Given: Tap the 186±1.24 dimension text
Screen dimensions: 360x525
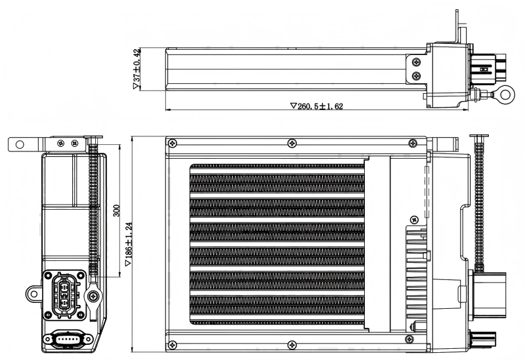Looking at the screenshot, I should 129,244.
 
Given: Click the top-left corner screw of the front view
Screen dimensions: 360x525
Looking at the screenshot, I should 173,142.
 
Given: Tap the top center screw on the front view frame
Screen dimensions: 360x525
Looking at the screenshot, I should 291,142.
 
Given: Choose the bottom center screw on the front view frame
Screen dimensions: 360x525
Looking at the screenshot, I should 291,344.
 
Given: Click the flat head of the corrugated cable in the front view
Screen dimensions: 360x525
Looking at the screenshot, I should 479,135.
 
